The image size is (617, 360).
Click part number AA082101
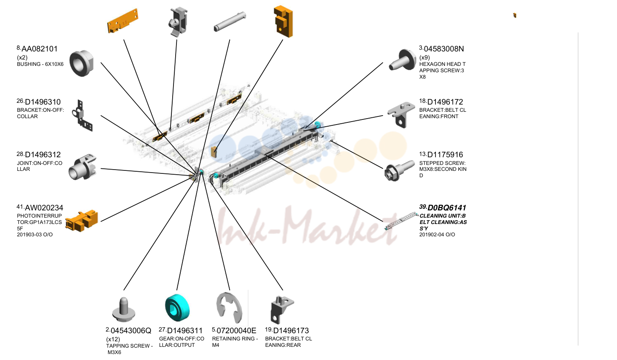40,49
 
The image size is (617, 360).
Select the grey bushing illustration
82,63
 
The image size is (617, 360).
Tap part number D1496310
43,102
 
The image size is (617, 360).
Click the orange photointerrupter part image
82,221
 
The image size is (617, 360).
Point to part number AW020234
44,208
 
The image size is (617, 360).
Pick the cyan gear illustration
177,308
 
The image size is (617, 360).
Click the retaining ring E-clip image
229,308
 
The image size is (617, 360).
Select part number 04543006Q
131,331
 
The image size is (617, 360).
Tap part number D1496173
291,331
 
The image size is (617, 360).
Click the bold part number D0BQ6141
447,208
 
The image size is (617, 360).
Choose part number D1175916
445,155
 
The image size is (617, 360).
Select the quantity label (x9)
424,57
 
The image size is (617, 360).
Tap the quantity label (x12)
113,339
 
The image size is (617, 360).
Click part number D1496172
445,102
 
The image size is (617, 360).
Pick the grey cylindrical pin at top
230,22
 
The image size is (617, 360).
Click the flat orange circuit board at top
122,21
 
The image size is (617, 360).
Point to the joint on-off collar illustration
82,167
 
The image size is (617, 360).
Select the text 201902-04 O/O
437,235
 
